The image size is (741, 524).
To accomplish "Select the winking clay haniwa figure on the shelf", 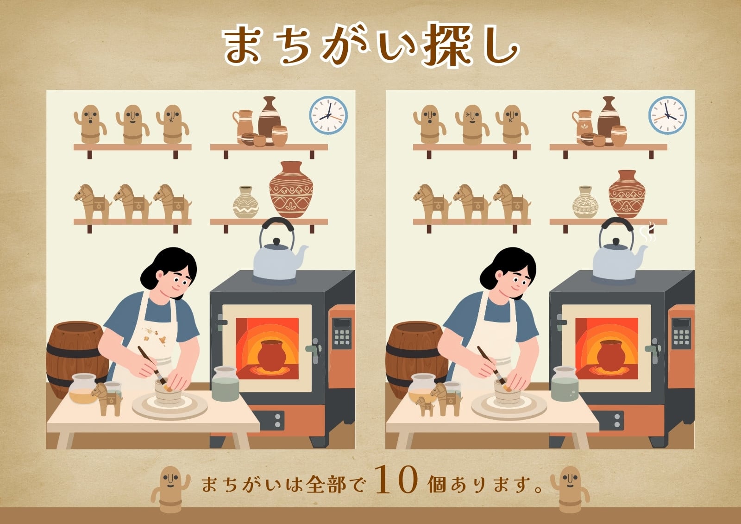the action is tap(472, 125).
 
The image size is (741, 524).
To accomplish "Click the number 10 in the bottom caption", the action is tap(397, 480).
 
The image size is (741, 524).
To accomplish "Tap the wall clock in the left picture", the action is tap(328, 115).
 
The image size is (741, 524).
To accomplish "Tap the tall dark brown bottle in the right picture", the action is tap(609, 121).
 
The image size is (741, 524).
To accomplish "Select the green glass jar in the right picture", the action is tap(565, 384).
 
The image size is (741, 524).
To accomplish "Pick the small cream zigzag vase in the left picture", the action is tap(245, 202).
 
